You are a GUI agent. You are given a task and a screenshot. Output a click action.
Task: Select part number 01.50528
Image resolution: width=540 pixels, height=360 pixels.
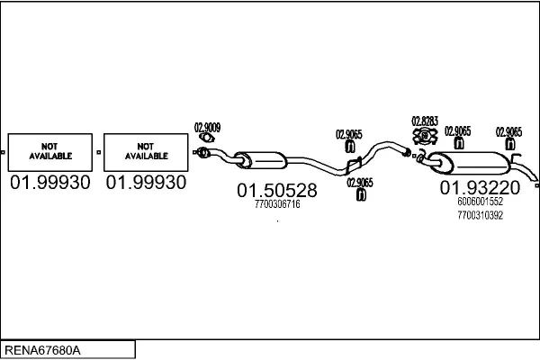277,191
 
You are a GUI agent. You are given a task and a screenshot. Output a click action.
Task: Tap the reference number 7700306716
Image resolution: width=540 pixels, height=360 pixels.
277,205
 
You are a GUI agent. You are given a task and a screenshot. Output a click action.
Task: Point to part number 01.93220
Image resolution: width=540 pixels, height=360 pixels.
480,188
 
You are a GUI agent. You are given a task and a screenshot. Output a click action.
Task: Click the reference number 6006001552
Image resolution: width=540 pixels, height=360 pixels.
480,202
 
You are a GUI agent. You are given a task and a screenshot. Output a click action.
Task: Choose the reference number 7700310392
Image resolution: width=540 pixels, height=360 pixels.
480,216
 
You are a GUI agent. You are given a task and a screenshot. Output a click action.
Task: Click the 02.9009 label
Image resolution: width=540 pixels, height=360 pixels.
207,127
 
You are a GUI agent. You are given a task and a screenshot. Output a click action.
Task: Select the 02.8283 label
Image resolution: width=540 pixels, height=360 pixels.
424,121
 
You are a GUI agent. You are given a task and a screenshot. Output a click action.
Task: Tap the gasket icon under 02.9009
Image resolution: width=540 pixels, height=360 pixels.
207,138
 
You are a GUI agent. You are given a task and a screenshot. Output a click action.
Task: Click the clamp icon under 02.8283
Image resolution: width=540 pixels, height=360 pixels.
424,136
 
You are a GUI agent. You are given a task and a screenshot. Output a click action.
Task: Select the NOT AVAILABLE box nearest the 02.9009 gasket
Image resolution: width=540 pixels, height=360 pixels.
146,151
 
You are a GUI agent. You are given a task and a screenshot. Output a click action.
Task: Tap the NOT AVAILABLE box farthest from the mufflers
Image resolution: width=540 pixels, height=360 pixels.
49,151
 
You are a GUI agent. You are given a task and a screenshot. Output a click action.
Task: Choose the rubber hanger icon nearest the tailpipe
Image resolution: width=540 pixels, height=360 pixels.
508,143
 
